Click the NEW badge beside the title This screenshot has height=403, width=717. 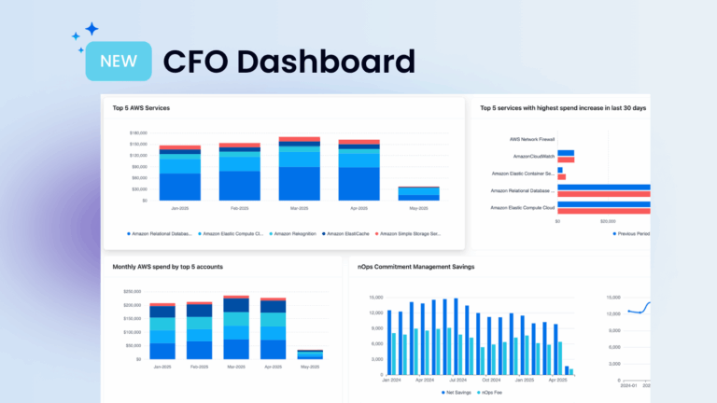tap(119, 62)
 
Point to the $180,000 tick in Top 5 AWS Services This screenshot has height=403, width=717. tap(138, 133)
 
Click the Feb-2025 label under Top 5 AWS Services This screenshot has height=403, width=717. tap(239, 208)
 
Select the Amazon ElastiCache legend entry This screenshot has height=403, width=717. tap(350, 233)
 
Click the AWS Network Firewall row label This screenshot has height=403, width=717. tap(532, 139)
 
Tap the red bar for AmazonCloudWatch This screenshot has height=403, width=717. tap(566, 160)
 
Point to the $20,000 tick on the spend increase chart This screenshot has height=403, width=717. tap(607, 221)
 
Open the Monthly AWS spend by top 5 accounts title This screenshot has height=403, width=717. tap(167, 267)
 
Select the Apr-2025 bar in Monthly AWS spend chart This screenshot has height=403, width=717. tap(273, 328)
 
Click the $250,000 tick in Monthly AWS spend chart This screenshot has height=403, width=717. tap(132, 292)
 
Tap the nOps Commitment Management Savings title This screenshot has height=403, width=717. tap(415, 267)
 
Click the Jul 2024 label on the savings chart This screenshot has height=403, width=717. tap(457, 381)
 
